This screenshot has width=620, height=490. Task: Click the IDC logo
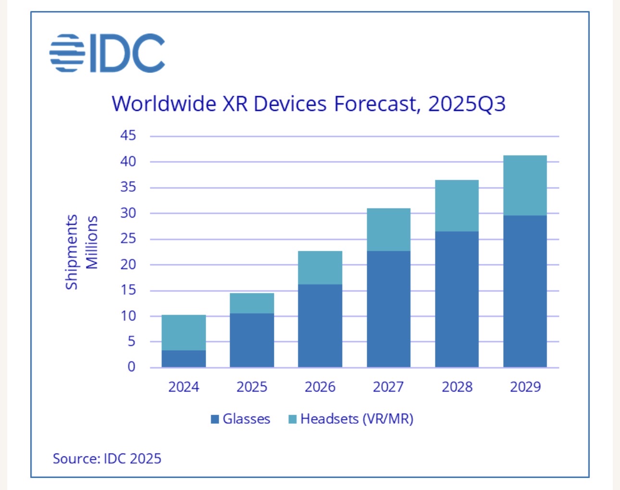point(107,53)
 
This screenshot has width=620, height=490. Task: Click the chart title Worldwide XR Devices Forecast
point(308,104)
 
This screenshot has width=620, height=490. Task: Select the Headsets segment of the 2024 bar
point(184,332)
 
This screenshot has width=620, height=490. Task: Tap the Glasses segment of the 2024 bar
point(184,359)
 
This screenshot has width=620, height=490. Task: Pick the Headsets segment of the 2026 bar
point(320,268)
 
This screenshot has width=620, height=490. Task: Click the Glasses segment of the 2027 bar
point(388,309)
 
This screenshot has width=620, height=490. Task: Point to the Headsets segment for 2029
point(525,185)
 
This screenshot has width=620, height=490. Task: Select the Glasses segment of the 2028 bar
point(457,299)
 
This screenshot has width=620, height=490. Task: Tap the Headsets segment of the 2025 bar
point(252,303)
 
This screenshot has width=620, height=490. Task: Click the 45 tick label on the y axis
point(128,135)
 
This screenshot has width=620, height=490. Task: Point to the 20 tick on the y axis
point(128,264)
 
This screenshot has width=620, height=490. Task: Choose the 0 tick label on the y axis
point(131,367)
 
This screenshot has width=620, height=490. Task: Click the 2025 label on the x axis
point(252,387)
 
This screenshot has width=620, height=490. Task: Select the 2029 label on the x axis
point(525,387)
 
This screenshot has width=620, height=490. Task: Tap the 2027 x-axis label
point(388,387)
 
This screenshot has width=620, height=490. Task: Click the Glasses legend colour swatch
point(215,419)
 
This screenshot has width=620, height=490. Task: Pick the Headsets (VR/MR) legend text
point(357,419)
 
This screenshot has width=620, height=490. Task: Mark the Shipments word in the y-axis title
point(72,252)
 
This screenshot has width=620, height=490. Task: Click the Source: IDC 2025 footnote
point(107,459)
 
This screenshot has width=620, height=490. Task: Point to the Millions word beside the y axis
point(92,243)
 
